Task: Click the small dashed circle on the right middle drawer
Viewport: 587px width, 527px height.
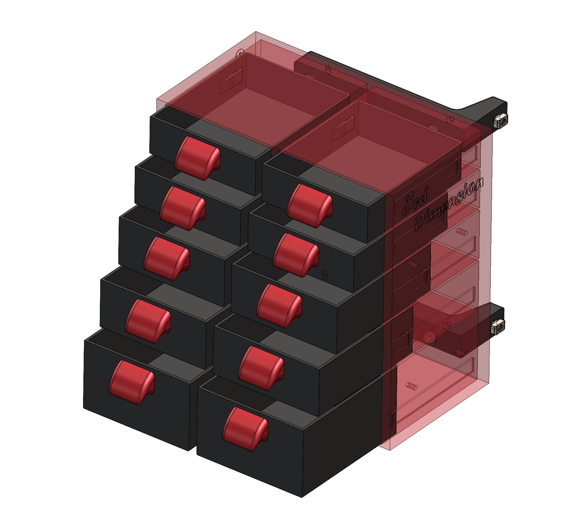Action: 325,276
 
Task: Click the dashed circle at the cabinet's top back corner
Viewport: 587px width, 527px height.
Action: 240,53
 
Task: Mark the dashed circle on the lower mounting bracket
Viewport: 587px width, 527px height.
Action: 448,325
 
